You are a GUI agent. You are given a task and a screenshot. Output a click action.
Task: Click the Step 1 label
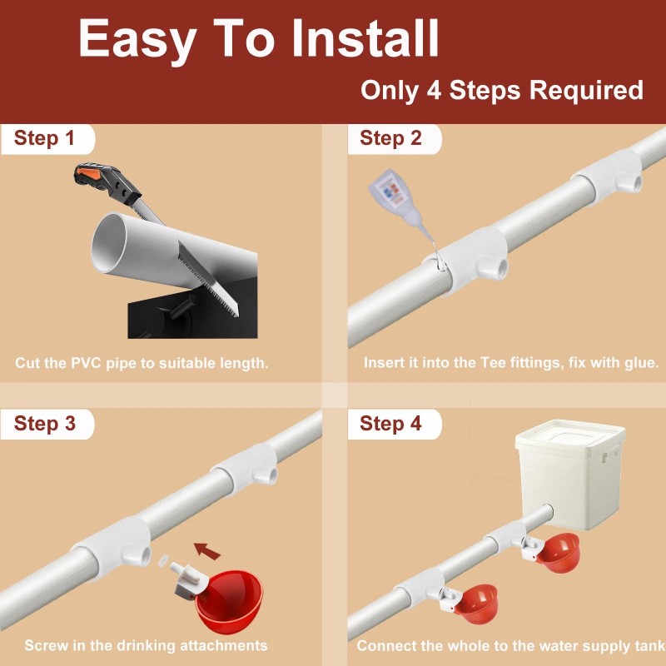[44, 138]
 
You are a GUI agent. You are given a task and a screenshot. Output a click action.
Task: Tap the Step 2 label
[390, 138]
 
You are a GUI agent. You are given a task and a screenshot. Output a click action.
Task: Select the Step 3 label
[45, 424]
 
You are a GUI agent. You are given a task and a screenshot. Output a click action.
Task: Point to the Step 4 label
[390, 424]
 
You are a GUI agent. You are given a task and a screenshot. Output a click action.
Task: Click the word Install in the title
[365, 38]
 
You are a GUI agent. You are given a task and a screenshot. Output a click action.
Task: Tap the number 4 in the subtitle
[434, 90]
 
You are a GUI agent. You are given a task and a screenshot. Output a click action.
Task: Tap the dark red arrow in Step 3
[206, 551]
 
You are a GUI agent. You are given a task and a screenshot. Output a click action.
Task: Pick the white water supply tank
[570, 475]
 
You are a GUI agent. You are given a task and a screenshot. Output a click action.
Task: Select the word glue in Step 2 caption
[642, 363]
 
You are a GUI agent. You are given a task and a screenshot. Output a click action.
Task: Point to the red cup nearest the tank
[558, 552]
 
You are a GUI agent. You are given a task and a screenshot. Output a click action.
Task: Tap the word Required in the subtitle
[586, 90]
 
